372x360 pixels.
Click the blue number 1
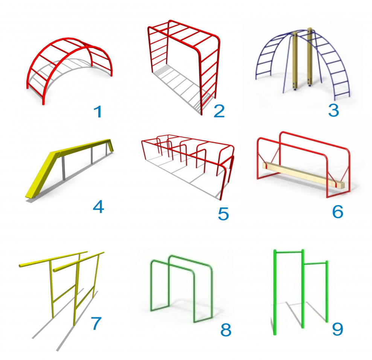[98, 112]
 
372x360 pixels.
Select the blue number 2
[219, 111]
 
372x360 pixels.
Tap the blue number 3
[334, 110]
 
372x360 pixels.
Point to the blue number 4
[98, 207]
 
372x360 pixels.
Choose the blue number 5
[223, 214]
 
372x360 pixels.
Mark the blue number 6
[338, 211]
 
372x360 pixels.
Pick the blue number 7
[96, 323]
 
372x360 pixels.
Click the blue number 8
[226, 330]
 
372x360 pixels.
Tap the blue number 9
[337, 329]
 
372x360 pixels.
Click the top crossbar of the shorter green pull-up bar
[316, 263]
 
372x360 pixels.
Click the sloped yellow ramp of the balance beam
[40, 175]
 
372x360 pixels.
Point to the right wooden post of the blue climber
[310, 57]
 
